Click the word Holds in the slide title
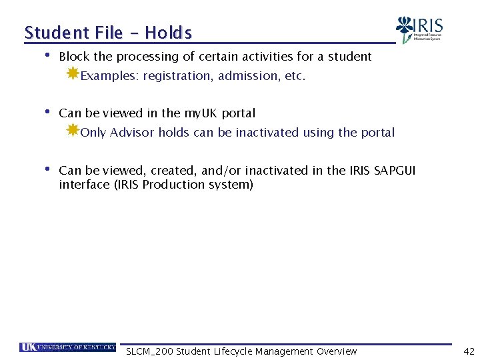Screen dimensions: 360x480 click(168, 33)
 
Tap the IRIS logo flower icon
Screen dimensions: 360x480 click(404, 29)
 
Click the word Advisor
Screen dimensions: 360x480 click(132, 133)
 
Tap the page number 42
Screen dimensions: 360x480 click(468, 351)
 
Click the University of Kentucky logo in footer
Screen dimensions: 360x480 click(67, 347)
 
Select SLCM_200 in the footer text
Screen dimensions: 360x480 click(149, 351)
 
